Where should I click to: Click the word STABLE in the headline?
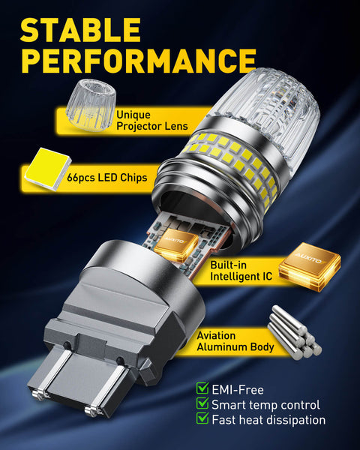point(80,30)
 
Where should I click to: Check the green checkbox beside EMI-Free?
point(202,388)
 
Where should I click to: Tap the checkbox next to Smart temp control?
point(202,404)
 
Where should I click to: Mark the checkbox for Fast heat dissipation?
point(202,420)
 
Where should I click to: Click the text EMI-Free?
point(238,388)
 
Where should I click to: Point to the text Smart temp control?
point(267,404)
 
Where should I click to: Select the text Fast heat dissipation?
point(269,420)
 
